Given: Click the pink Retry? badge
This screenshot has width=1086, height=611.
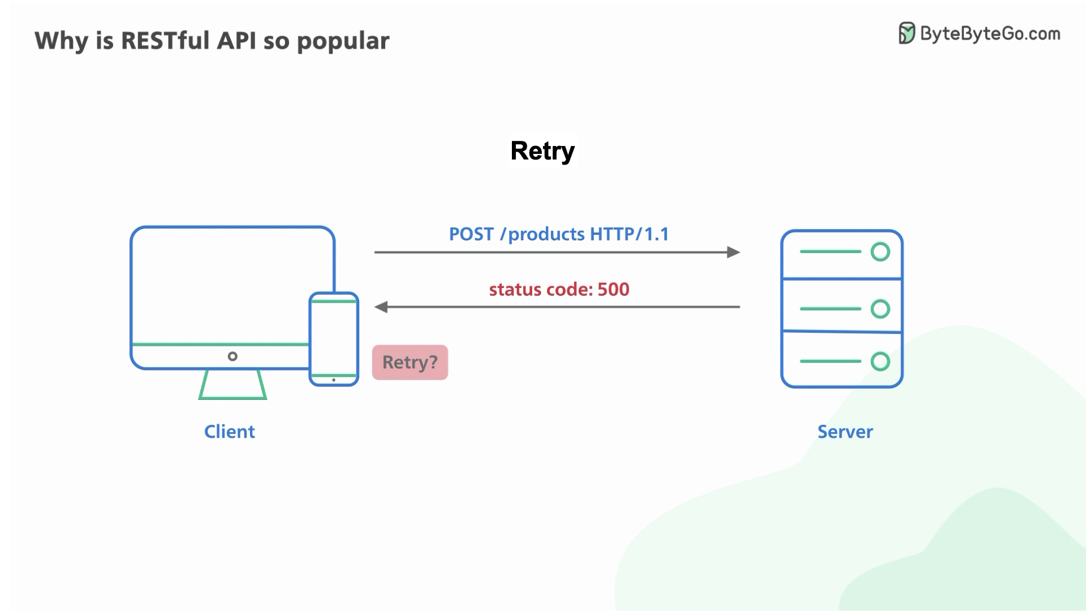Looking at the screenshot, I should [410, 362].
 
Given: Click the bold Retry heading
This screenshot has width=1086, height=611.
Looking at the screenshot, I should [542, 151].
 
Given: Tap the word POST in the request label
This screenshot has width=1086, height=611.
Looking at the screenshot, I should [471, 234].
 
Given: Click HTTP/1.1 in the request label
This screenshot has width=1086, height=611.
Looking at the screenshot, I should [629, 234].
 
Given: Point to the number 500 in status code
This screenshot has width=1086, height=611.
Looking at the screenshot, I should [613, 290].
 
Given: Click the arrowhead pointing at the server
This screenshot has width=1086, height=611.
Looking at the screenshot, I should [734, 252].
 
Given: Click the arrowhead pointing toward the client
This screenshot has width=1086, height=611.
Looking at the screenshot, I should [381, 307].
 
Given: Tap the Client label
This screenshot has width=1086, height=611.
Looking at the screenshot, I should [229, 432].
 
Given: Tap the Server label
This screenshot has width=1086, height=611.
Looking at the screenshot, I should [845, 432].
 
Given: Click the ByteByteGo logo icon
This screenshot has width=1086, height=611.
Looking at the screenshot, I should [907, 33].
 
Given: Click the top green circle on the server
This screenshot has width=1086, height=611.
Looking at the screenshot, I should [880, 252].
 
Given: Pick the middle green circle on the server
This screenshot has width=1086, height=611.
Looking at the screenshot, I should [880, 309].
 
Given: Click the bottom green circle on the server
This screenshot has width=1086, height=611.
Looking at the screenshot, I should [880, 361].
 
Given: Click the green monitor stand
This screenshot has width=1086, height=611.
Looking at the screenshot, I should [232, 386].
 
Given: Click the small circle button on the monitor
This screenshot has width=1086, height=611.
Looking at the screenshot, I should [232, 356].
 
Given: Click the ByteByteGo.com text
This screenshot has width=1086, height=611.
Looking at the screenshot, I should [990, 34].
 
